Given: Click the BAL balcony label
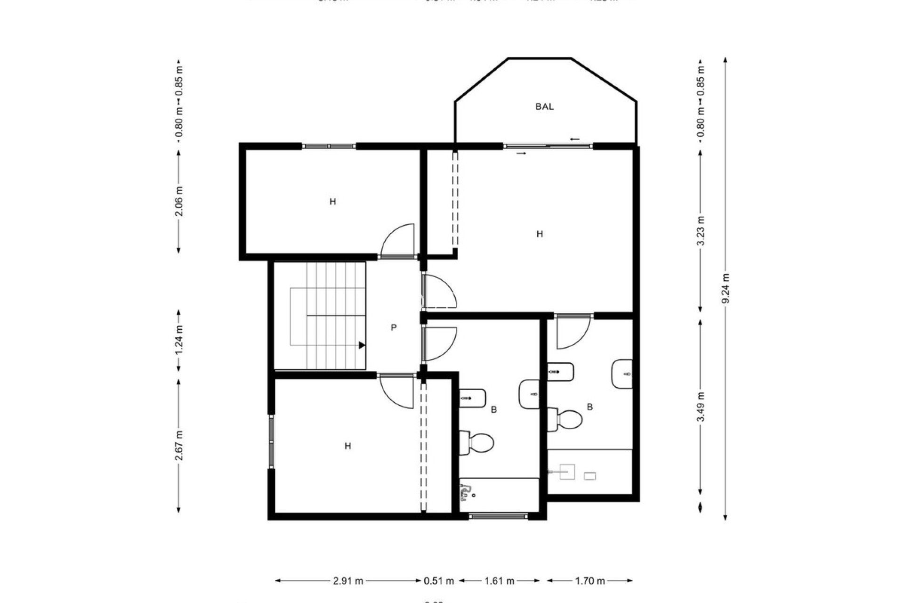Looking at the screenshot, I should click(x=544, y=106).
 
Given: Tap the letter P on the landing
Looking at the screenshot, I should click(x=394, y=327).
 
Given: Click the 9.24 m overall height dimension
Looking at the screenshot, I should click(x=725, y=289).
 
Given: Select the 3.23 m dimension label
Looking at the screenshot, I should click(x=701, y=231).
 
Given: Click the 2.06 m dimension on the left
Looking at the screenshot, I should click(x=179, y=202).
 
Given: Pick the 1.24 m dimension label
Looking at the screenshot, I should click(x=179, y=341).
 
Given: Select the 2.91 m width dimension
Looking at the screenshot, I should click(x=348, y=581).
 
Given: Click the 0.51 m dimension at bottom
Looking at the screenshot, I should click(x=439, y=581).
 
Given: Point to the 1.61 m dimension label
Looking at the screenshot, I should click(x=500, y=581).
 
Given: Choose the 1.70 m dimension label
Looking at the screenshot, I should click(x=589, y=581).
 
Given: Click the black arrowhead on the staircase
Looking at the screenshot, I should click(x=362, y=345).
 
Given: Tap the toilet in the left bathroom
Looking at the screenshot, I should click(x=476, y=442).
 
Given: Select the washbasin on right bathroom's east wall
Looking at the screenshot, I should click(x=622, y=374).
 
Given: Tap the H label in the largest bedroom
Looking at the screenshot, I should click(x=540, y=234).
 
